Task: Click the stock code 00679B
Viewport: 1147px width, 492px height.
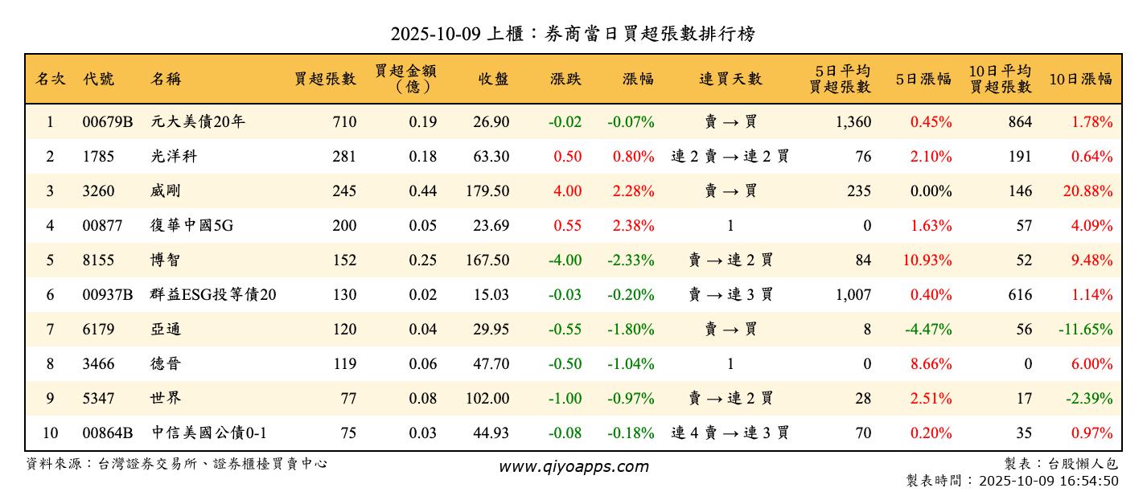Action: click(107, 122)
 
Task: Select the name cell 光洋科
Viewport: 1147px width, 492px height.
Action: click(174, 157)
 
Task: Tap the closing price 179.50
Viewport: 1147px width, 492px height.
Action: click(487, 191)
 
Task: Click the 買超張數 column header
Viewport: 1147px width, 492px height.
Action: click(325, 79)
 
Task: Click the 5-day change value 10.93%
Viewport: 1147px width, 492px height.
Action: click(931, 260)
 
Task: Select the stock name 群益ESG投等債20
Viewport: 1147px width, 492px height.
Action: click(213, 295)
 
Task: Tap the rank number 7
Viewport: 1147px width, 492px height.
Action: click(50, 330)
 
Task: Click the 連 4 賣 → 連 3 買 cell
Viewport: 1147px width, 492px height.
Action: click(730, 433)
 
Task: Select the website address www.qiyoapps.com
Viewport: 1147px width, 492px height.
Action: click(573, 467)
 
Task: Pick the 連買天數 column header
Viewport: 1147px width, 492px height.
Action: click(730, 79)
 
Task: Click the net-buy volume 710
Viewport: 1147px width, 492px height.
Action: click(343, 122)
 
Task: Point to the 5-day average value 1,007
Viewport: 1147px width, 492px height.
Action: click(853, 295)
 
